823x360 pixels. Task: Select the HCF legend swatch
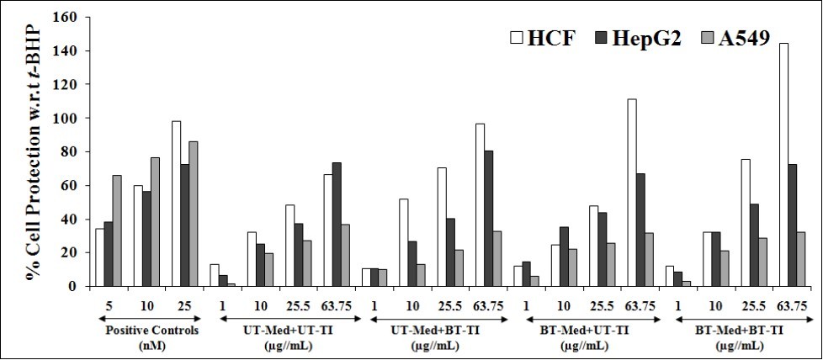tap(518, 38)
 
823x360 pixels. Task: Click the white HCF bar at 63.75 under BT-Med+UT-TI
tap(631, 193)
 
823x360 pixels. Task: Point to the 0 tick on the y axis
tap(72, 286)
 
